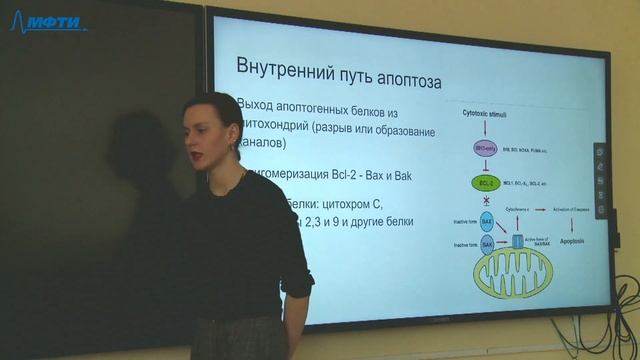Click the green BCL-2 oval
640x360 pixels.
485,184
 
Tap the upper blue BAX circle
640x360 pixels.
487,219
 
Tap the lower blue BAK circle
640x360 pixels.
487,244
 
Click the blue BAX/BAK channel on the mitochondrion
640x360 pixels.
517,241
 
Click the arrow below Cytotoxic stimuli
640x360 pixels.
484,129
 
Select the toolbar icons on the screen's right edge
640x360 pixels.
600,180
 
